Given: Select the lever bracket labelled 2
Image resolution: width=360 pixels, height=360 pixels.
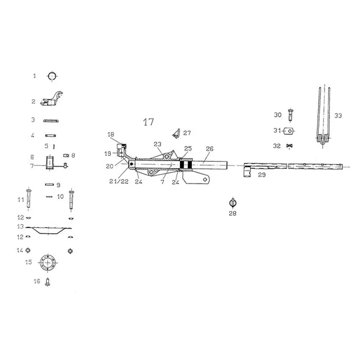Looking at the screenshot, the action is click(x=51, y=99).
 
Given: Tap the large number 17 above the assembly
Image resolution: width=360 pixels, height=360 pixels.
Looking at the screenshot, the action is click(x=148, y=122).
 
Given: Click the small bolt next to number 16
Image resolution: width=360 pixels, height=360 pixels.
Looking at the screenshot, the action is click(x=48, y=282).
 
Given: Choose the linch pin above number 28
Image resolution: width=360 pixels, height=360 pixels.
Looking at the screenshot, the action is click(x=233, y=203).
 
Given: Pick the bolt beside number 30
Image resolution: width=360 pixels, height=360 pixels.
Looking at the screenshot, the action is click(x=290, y=116).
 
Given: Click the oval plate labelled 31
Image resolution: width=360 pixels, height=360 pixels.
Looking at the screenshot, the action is click(x=289, y=131).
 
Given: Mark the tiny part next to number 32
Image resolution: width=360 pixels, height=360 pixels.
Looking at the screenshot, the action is click(x=289, y=146).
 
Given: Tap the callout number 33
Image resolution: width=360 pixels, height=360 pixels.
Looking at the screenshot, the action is click(x=338, y=116).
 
